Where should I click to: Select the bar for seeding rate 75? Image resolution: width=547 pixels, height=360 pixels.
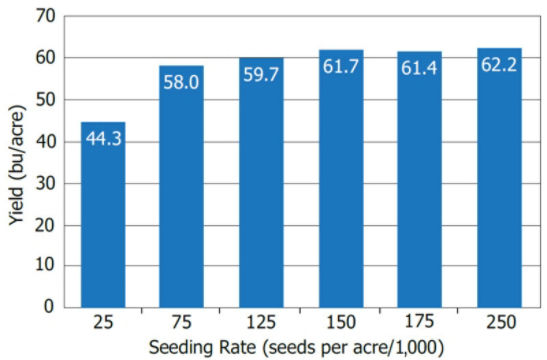[x=181, y=195]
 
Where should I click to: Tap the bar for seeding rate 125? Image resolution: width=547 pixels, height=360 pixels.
[x=261, y=190]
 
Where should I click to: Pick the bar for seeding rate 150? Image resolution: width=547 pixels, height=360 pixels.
[x=340, y=185]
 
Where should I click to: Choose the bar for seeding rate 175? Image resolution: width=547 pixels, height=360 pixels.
[x=420, y=186]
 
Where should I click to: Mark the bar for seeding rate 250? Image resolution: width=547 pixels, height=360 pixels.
[x=499, y=185]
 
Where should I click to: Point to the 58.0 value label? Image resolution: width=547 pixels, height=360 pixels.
[x=181, y=84]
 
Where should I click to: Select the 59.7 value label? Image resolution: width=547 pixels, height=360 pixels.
[x=261, y=76]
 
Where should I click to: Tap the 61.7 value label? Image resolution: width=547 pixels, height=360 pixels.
[x=340, y=68]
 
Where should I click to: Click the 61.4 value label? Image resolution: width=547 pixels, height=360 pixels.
[x=420, y=69]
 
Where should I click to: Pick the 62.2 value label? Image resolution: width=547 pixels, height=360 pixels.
[x=499, y=66]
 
